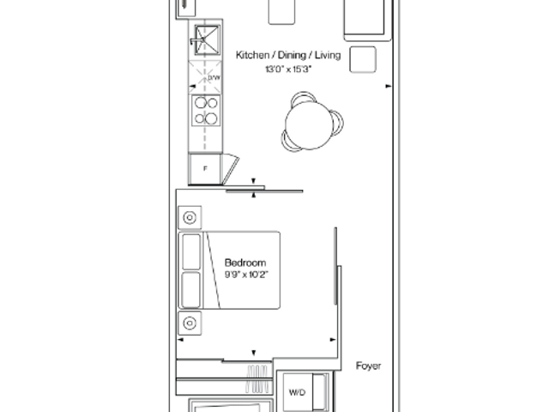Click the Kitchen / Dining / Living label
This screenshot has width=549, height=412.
pos(288,55)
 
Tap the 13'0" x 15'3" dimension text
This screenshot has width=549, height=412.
pos(288,70)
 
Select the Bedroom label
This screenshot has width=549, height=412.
pos(245,263)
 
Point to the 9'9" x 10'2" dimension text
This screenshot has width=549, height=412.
pos(246,275)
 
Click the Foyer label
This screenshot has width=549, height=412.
pos(368,367)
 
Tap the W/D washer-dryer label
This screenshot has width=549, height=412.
pos(298,392)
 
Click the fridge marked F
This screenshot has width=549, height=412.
pos(205,169)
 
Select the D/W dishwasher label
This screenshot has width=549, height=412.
pos(214,78)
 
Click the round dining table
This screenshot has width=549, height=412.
pos(309,124)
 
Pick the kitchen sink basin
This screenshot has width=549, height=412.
pos(208,40)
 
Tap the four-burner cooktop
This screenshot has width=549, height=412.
pos(206,111)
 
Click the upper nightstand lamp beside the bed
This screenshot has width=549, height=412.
pos(190,217)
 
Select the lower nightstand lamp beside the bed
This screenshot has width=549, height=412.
pos(190,323)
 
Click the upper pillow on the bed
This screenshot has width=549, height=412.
pos(191,251)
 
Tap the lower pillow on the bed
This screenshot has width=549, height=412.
pos(191,290)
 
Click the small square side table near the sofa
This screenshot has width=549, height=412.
pos(363,59)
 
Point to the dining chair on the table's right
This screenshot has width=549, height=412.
pos(339,123)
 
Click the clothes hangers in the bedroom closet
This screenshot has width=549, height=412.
pos(257,379)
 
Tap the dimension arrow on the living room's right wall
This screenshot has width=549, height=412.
pos(389,86)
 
